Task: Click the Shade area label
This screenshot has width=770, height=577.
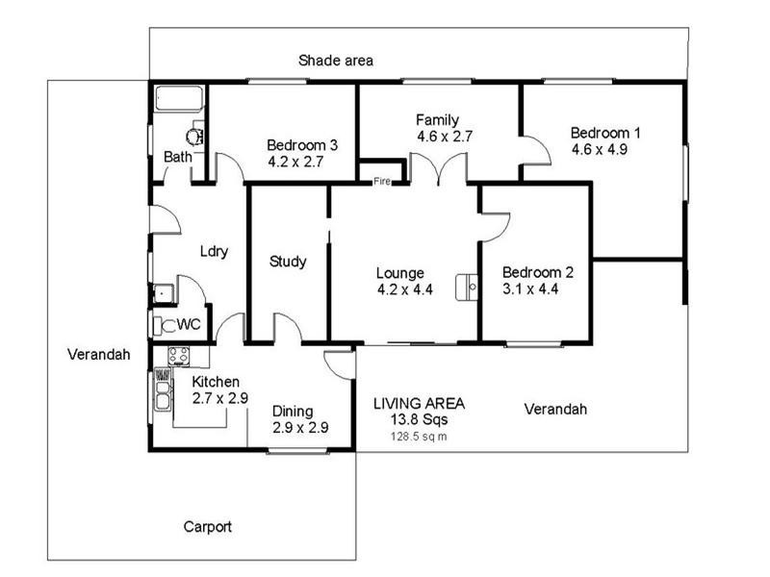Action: coord(335,61)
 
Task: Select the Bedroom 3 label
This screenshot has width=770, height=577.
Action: coord(301,146)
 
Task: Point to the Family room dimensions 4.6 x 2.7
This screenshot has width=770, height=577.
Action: coord(444,137)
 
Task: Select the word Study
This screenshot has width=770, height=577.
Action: coord(288,261)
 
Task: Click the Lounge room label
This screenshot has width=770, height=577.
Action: coord(400,273)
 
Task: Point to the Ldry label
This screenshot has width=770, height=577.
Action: coord(213,252)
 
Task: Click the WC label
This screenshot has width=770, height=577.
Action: coord(189,324)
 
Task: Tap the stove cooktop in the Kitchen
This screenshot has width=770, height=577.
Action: coord(176,356)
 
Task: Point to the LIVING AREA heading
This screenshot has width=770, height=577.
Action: coord(420,403)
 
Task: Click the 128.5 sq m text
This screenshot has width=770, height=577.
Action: coord(418,436)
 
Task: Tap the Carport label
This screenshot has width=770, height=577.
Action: coord(207,527)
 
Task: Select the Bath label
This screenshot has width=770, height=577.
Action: coord(177,157)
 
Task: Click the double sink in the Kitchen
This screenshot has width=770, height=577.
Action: coord(162,392)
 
